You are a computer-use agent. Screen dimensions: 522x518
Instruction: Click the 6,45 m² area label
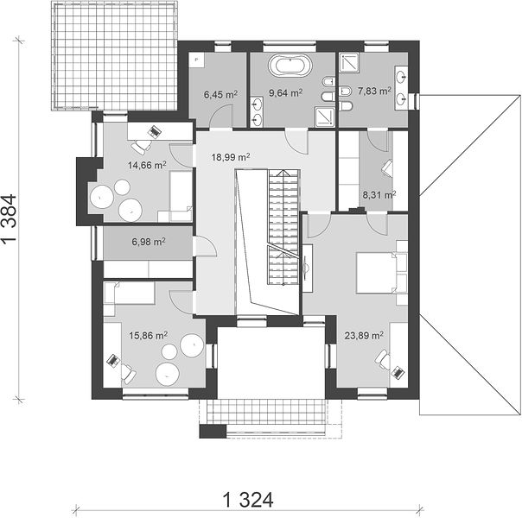point(220,95)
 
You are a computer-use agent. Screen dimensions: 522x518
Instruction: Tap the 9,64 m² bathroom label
point(286,92)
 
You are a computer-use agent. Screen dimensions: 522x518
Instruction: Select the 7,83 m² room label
point(374,91)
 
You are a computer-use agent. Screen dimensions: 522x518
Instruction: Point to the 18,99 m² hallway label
point(231,157)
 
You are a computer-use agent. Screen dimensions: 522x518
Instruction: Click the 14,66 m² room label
point(148,165)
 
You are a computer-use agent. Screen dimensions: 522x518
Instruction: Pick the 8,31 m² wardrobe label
point(379,195)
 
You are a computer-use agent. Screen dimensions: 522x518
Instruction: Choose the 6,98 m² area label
point(149,242)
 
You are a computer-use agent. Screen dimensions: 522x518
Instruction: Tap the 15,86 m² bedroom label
point(149,336)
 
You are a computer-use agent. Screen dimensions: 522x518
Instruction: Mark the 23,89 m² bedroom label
point(364,336)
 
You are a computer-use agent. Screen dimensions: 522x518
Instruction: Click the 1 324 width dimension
point(248,500)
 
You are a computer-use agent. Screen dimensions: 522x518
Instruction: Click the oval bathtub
point(290,65)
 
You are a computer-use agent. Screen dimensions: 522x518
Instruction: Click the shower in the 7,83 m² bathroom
point(349,62)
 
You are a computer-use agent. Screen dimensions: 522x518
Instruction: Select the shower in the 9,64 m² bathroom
point(325,117)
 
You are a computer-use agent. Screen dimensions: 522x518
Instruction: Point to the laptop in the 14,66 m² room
point(154,131)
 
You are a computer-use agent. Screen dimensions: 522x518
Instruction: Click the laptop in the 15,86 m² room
point(113,360)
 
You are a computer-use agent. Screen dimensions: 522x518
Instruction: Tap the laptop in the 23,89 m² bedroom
point(398,372)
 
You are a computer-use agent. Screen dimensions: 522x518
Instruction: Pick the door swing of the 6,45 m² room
point(220,116)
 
